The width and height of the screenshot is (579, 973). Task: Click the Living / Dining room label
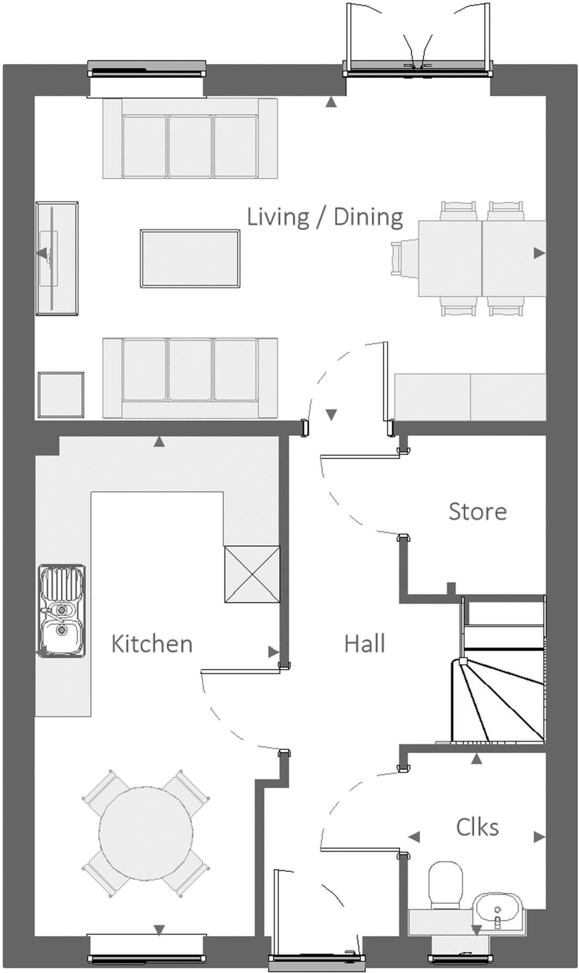point(325,217)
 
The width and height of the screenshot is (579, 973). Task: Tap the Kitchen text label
point(152,644)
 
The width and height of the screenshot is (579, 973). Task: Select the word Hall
point(364,643)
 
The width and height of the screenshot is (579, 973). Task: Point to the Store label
point(477,512)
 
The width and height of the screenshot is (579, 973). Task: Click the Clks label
point(477,827)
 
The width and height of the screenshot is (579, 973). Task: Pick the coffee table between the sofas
point(190,258)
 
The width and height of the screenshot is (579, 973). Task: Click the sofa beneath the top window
point(190,139)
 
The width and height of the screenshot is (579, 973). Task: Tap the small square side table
point(61,395)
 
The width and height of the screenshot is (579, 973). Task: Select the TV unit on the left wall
point(57,258)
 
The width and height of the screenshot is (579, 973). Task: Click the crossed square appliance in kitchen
point(252,574)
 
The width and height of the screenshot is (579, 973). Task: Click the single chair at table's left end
point(404,257)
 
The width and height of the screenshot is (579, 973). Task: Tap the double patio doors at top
point(418,66)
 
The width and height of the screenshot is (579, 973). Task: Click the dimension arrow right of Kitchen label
point(273,652)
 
